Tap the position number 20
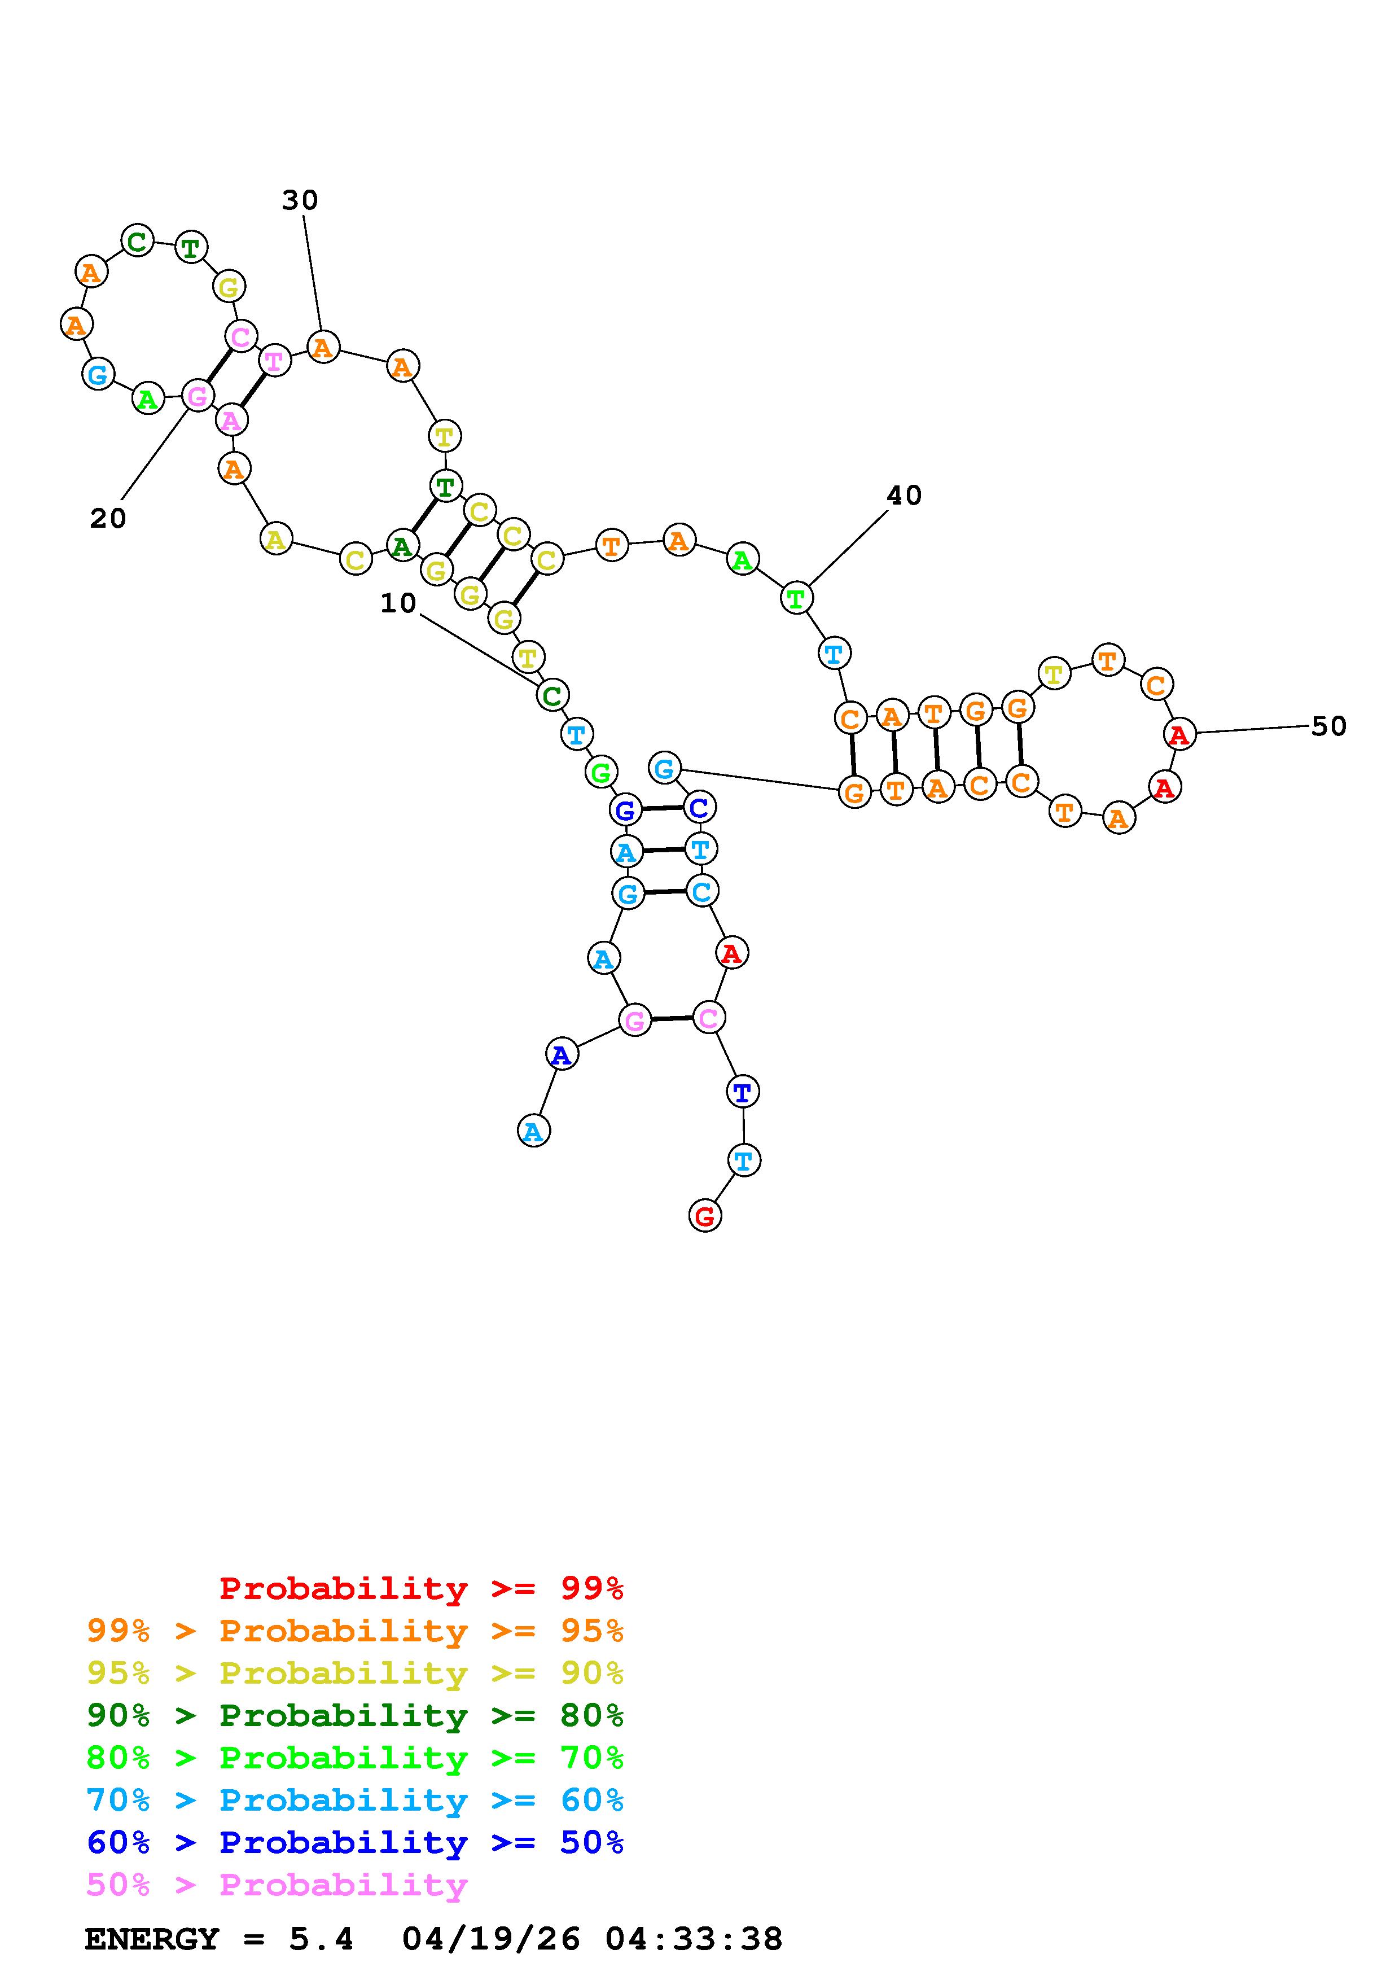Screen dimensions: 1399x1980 [x=108, y=518]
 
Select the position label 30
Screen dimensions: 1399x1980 [x=300, y=200]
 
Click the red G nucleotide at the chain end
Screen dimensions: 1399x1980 [x=705, y=1217]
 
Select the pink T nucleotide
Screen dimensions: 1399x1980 [x=274, y=361]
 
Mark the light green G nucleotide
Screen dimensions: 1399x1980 [x=601, y=772]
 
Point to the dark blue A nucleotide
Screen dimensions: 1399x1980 [x=561, y=1054]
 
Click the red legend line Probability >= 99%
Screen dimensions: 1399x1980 [x=422, y=1588]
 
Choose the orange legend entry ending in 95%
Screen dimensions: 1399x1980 [x=355, y=1631]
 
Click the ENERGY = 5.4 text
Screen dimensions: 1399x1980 [x=219, y=1939]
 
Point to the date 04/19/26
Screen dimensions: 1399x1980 [x=492, y=1939]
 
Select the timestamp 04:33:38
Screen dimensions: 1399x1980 [x=694, y=1939]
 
